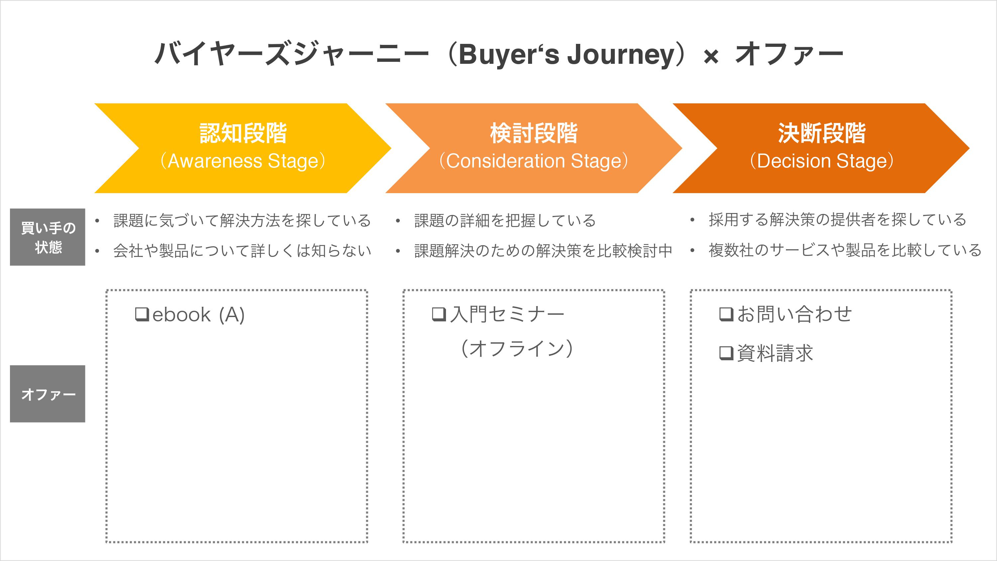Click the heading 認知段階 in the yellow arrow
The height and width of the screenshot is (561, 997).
click(243, 133)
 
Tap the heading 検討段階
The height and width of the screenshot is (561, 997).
click(534, 133)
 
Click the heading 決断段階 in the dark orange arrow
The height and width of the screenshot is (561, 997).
click(822, 133)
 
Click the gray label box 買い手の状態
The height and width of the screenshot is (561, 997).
click(48, 237)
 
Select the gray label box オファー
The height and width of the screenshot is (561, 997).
click(48, 394)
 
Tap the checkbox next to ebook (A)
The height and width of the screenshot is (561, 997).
click(142, 314)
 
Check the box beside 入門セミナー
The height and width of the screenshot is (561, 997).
click(439, 314)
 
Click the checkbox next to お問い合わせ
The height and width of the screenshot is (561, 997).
click(726, 314)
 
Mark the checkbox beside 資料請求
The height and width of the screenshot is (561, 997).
click(726, 353)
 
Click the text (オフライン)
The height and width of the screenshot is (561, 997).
click(517, 348)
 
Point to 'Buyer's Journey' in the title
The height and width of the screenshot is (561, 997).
click(567, 55)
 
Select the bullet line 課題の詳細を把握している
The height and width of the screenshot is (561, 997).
click(505, 220)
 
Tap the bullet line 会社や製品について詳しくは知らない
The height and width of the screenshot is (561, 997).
click(242, 251)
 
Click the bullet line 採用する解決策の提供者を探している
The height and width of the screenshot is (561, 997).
click(837, 220)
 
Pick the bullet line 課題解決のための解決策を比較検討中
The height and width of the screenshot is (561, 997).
click(543, 251)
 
